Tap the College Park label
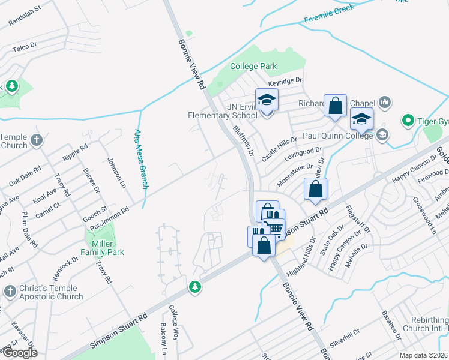tap(253, 66)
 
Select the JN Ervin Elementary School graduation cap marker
tap(267, 100)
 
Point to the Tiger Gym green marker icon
tap(408, 121)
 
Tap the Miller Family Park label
tap(100, 248)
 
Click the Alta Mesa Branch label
tap(140, 159)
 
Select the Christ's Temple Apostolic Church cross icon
tap(10, 292)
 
